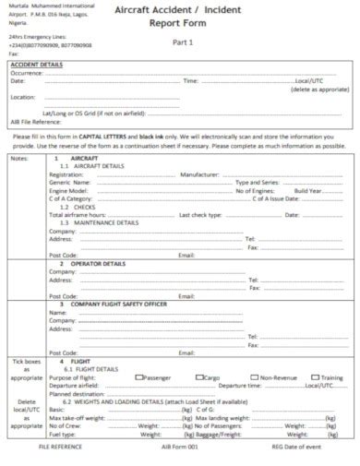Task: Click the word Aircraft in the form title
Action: (134, 8)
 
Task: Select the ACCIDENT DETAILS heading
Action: (36, 65)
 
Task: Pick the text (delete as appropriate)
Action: (319, 89)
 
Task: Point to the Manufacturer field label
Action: (200, 173)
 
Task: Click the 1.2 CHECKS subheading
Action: (78, 207)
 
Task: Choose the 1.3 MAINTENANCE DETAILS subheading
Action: (100, 222)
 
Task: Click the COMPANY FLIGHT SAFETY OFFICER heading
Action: (119, 304)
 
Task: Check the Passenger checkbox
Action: (138, 377)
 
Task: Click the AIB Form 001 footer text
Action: (179, 446)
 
